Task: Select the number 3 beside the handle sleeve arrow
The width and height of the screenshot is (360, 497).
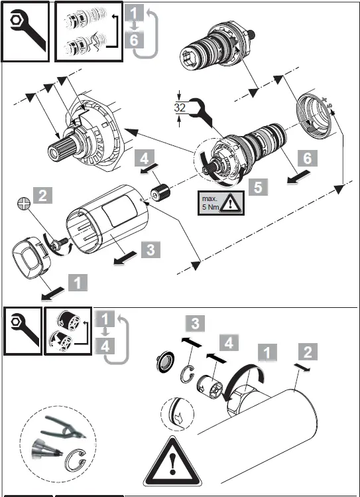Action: pos(150,249)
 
